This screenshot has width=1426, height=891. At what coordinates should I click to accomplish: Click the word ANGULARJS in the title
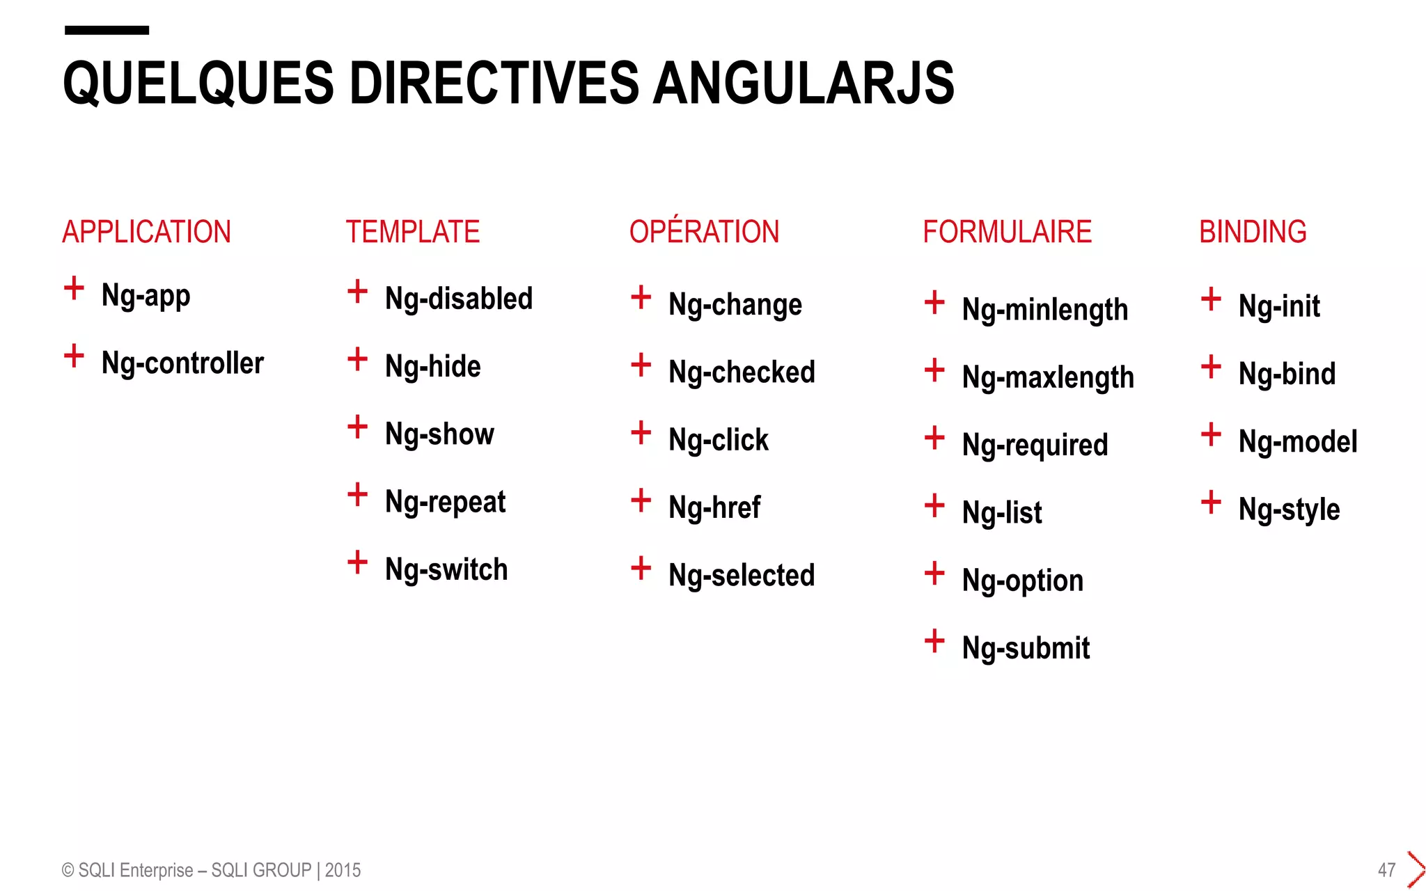(x=803, y=83)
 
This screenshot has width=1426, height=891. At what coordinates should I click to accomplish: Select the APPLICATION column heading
(x=146, y=232)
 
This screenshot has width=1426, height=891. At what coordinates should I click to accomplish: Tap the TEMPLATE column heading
(x=413, y=232)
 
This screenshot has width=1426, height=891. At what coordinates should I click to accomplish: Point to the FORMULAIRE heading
(x=1007, y=232)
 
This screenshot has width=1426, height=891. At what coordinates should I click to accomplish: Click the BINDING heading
(x=1253, y=232)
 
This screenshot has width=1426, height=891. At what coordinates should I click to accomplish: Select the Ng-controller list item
(x=182, y=363)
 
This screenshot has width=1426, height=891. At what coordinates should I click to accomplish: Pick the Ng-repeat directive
(x=445, y=502)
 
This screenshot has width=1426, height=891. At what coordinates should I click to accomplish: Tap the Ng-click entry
(x=718, y=441)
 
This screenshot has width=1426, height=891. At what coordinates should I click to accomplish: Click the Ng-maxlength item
(x=1048, y=378)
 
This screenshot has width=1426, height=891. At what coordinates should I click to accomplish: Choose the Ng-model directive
(x=1298, y=442)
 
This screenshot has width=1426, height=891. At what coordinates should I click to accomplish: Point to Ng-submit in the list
(x=1026, y=648)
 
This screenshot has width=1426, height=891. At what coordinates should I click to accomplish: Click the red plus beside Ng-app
(x=74, y=287)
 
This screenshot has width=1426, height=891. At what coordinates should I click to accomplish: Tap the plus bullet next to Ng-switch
(x=357, y=562)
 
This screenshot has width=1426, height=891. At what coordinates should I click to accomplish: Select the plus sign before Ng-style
(x=1211, y=502)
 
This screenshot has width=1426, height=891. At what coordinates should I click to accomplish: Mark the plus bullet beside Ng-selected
(x=641, y=568)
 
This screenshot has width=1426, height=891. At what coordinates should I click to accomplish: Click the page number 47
(x=1386, y=870)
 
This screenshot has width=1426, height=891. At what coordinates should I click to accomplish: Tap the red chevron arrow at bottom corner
(x=1416, y=869)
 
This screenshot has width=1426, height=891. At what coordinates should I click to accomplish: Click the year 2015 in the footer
(x=343, y=870)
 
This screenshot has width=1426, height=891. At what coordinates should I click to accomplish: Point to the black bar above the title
(x=107, y=30)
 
